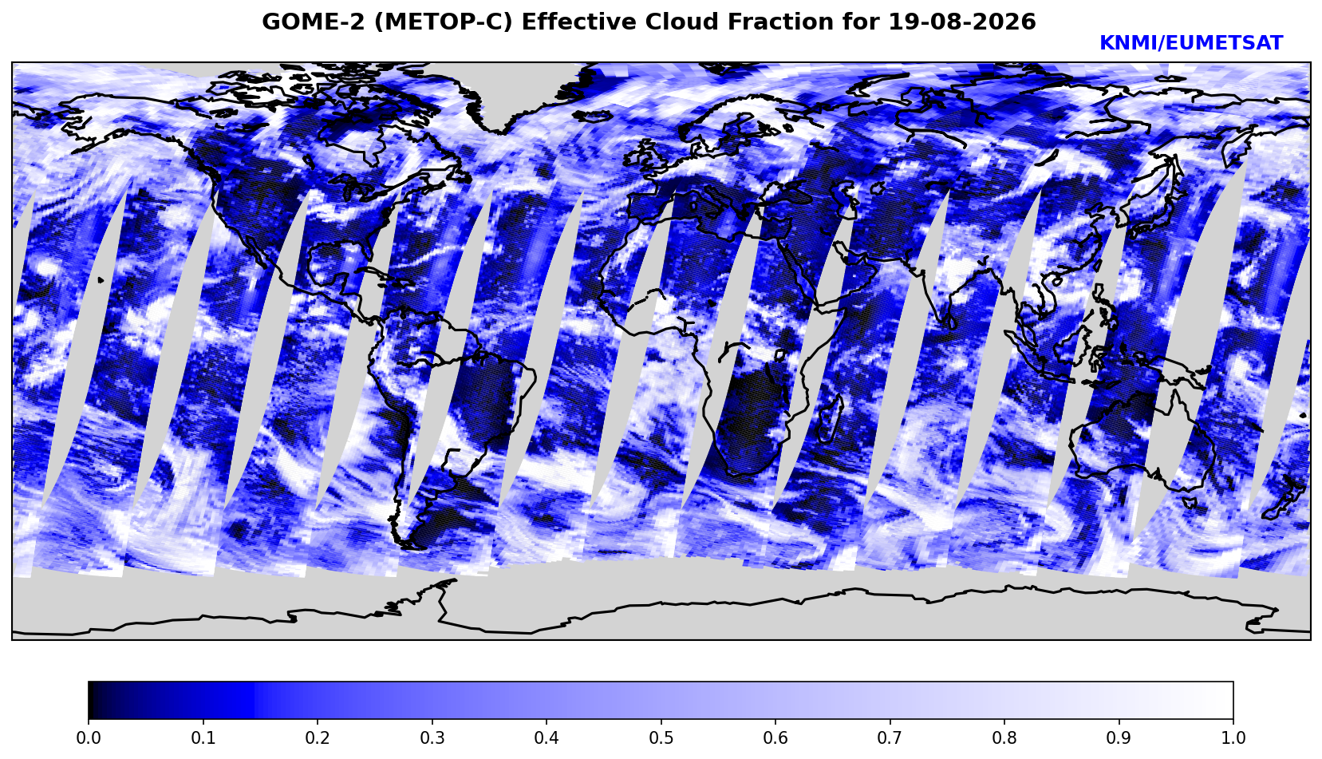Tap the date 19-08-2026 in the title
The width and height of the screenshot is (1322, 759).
[x=962, y=22]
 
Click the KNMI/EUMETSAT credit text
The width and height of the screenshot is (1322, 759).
[x=1191, y=43]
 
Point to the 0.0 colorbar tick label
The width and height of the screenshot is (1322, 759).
[x=89, y=738]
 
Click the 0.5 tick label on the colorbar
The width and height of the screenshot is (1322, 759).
[x=661, y=738]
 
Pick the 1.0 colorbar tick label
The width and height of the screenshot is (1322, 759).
[x=1233, y=738]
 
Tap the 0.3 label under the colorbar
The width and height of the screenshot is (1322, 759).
[x=432, y=738]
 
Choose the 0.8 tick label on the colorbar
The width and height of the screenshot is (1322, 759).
[x=1004, y=738]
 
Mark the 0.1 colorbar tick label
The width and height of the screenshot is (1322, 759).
[x=203, y=738]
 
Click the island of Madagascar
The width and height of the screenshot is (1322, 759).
[x=829, y=421]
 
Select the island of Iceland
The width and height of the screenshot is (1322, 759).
[x=593, y=116]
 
